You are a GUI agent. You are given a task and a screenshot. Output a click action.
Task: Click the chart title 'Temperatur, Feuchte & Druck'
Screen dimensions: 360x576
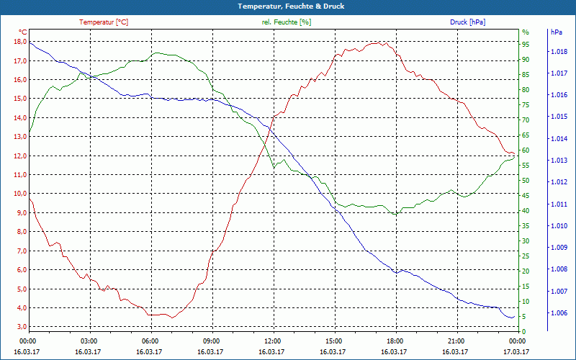coord(287,6)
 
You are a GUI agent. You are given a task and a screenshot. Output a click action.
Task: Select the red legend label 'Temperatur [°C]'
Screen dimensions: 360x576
coord(104,22)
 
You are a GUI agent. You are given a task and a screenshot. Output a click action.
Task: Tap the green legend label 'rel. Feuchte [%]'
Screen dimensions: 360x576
coord(287,22)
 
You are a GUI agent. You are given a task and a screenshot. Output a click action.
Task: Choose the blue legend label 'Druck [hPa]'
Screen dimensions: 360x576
coord(467,22)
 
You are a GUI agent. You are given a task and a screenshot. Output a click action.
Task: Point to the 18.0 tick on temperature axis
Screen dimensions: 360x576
coord(19,42)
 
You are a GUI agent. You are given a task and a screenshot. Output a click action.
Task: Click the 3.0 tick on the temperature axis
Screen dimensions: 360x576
coord(21,327)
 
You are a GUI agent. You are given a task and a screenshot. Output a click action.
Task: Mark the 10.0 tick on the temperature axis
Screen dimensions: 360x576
coord(19,194)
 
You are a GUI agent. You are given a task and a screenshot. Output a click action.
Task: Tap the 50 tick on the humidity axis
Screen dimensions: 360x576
coord(526,180)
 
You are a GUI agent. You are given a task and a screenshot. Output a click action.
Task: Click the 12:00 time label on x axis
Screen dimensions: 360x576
coord(272,341)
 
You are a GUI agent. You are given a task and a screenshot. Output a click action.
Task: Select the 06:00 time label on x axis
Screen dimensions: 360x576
coord(150,341)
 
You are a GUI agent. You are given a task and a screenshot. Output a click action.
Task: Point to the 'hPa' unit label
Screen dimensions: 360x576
coord(556,32)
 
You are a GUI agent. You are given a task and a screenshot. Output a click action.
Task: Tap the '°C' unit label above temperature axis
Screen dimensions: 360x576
coord(23,32)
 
